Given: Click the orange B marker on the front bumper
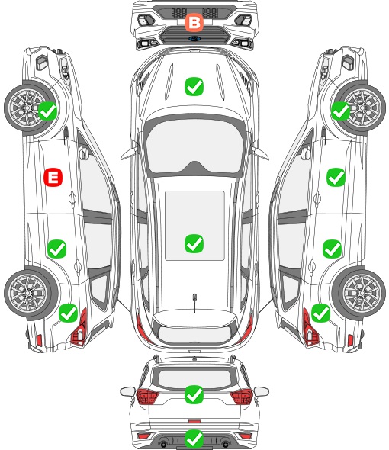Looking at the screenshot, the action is pyautogui.click(x=194, y=22).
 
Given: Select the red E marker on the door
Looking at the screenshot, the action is pyautogui.click(x=53, y=177).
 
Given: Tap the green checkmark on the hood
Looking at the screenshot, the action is pyautogui.click(x=194, y=86).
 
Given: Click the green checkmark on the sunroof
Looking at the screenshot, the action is pyautogui.click(x=194, y=243).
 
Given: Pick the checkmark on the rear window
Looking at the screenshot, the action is pyautogui.click(x=194, y=394).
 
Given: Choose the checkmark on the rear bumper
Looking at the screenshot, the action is pyautogui.click(x=194, y=439).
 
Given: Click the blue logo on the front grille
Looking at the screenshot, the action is pyautogui.click(x=194, y=38).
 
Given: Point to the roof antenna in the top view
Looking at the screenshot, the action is pyautogui.click(x=194, y=302).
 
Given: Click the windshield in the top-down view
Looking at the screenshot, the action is pyautogui.click(x=194, y=147).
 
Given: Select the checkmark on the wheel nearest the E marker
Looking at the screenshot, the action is pyautogui.click(x=47, y=111).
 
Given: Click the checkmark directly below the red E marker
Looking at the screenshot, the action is pyautogui.click(x=56, y=249).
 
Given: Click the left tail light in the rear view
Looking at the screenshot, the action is pyautogui.click(x=147, y=397).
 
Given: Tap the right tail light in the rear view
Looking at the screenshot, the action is pyautogui.click(x=241, y=397).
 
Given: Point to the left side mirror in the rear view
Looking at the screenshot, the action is pyautogui.click(x=127, y=391).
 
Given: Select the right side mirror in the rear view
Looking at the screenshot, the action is pyautogui.click(x=262, y=391).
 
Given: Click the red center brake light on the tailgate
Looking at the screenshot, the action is pyautogui.click(x=194, y=421).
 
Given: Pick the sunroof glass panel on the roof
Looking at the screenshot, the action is pyautogui.click(x=194, y=226).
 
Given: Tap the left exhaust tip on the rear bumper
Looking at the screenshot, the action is pyautogui.click(x=163, y=444).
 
